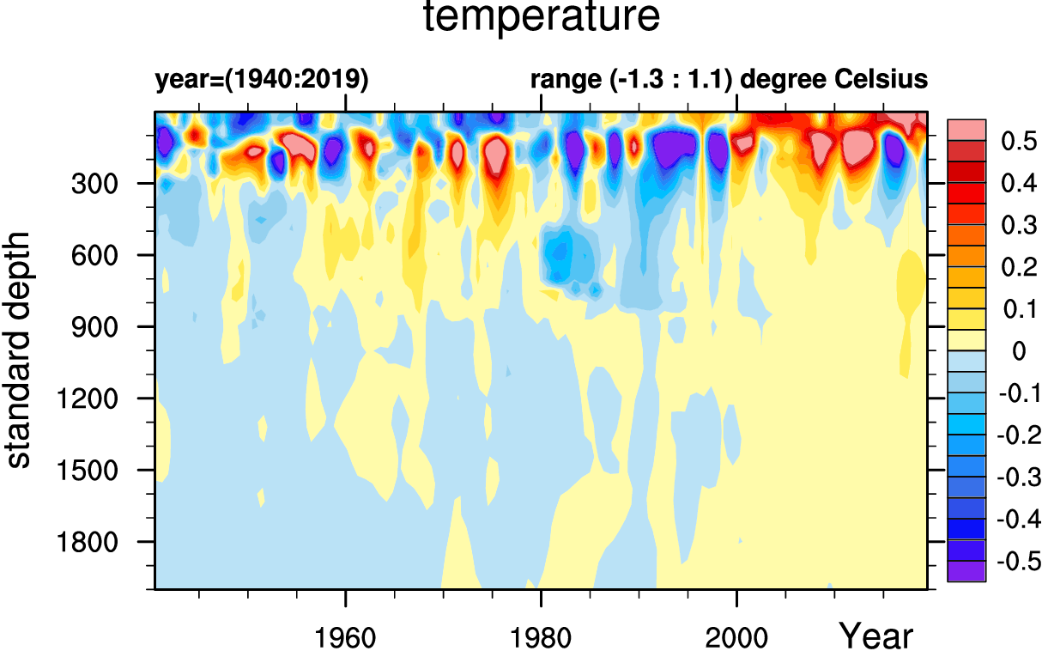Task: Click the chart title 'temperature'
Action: (542, 19)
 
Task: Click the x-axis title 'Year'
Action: (876, 636)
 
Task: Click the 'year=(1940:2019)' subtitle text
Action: (262, 81)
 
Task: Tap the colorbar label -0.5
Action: (1017, 562)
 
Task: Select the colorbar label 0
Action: (1019, 351)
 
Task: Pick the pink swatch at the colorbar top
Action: (966, 129)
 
